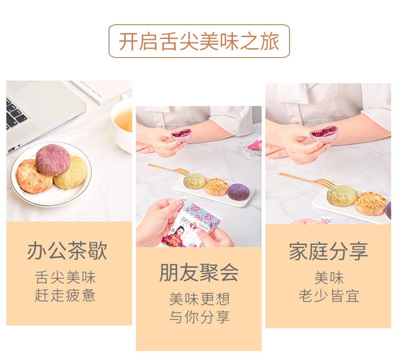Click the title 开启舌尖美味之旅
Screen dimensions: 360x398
pos(199,41)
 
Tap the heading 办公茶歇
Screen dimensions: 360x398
pos(67,251)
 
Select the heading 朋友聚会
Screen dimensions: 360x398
pos(199,272)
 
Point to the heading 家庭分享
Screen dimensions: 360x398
pos(328,251)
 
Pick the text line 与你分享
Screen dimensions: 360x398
pos(199,317)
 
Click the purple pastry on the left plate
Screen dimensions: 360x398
pos(52,160)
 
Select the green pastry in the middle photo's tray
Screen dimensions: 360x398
pos(195,181)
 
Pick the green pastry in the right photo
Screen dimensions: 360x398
pos(341,195)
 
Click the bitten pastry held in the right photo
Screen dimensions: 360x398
pos(323,134)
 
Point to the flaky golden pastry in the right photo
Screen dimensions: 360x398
pos(369,203)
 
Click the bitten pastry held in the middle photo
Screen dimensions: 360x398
pos(181,134)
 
